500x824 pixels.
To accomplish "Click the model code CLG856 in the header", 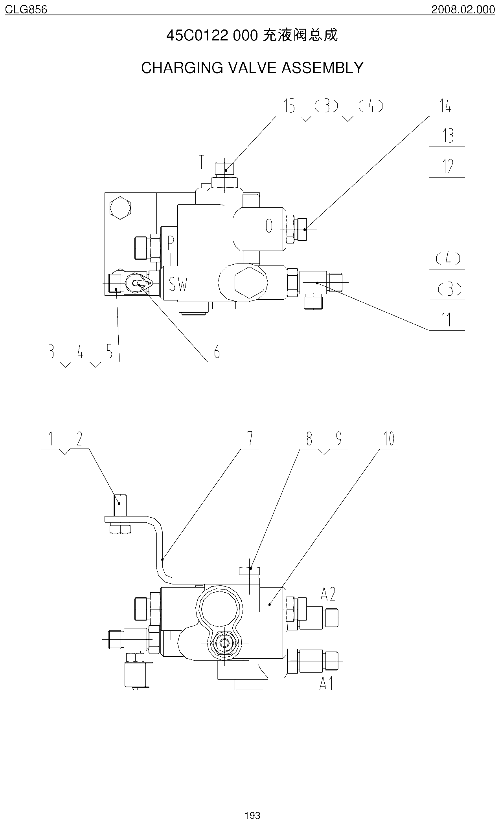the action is (26, 9).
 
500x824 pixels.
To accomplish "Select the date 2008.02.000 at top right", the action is (463, 9).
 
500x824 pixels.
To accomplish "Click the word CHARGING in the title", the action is (182, 68).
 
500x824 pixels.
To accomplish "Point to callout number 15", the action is (290, 106).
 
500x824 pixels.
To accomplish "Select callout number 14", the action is (445, 106).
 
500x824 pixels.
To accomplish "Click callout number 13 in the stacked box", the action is (448, 136).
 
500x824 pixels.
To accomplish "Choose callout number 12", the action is (448, 166).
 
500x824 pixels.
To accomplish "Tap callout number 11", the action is (446, 320).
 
